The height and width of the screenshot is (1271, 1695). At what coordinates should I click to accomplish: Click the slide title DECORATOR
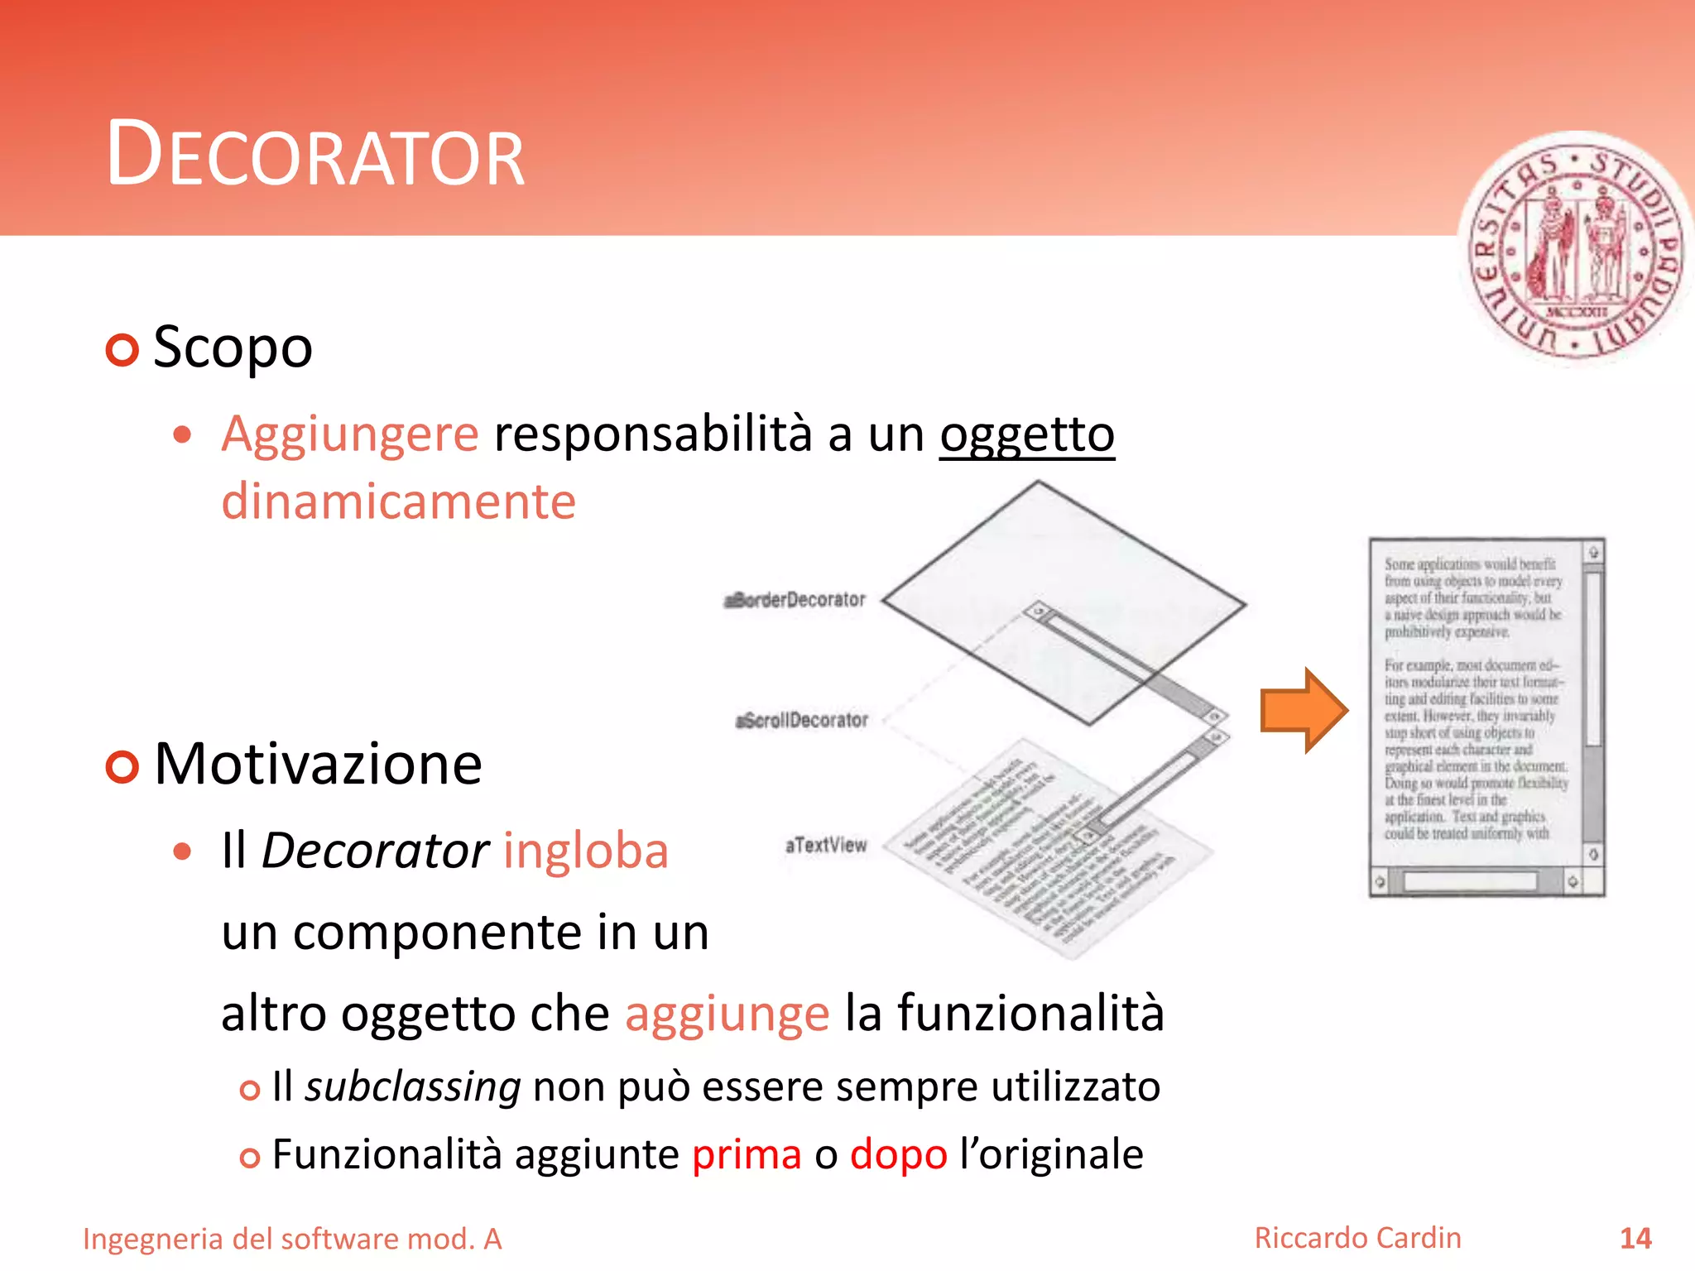[315, 155]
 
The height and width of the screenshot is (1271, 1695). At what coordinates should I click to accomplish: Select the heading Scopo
[233, 348]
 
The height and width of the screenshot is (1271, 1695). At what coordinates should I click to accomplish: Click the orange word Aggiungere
[349, 434]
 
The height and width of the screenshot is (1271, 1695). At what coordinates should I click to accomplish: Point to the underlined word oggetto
[1026, 434]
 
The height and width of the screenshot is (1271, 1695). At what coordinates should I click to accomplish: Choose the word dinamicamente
[398, 501]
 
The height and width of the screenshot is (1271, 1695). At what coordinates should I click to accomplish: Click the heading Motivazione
[318, 764]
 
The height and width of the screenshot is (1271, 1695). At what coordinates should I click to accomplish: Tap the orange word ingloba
[585, 851]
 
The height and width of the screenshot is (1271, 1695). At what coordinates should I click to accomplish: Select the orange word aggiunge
[727, 1013]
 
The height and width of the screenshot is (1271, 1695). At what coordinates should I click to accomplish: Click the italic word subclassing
[413, 1086]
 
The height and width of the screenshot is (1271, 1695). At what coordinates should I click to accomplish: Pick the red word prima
[747, 1154]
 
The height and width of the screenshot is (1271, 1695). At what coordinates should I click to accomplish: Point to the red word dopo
[898, 1154]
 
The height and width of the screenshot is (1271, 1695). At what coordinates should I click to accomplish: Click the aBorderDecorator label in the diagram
[795, 599]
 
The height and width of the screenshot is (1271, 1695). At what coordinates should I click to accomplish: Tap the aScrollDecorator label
[802, 720]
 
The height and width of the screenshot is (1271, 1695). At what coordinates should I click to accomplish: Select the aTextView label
[826, 845]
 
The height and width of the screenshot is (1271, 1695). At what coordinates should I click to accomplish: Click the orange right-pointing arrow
[1304, 710]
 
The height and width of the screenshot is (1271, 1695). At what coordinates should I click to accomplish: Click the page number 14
[1635, 1239]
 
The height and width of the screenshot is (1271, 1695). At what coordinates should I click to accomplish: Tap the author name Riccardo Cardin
[1357, 1238]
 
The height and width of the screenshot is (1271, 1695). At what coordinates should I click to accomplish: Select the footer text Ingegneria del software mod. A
[292, 1239]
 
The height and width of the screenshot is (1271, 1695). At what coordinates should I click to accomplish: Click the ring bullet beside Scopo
[122, 350]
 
